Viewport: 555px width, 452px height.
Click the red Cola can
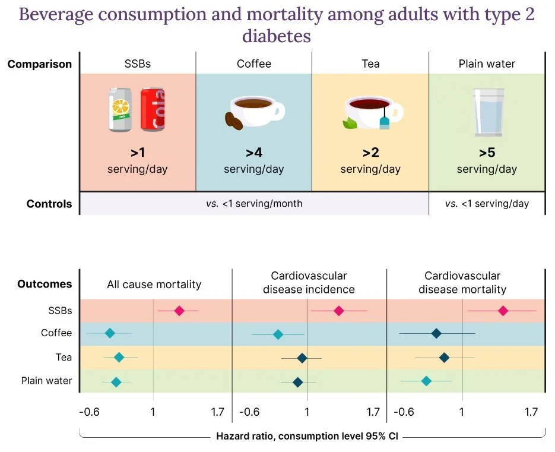(x=153, y=110)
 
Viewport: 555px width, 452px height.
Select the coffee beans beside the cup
(x=233, y=121)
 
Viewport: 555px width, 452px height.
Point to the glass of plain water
(x=488, y=112)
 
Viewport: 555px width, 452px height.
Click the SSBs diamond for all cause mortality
(x=179, y=311)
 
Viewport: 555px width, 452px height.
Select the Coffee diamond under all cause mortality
(x=109, y=333)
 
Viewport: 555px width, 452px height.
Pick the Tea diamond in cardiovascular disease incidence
(x=302, y=358)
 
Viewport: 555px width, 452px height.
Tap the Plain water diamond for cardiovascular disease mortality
(x=426, y=381)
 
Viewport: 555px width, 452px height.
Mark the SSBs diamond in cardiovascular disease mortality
(x=503, y=311)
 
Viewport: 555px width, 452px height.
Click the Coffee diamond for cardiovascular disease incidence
(x=278, y=334)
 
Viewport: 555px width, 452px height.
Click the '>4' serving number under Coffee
(x=253, y=153)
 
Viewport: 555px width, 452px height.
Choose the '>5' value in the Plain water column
(x=487, y=153)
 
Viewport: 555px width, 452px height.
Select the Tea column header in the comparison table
(x=370, y=64)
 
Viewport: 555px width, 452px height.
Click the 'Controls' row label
(x=49, y=204)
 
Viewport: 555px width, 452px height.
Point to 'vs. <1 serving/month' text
(x=254, y=204)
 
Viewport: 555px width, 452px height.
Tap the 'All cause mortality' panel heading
(x=154, y=285)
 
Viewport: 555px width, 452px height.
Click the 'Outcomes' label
(x=45, y=284)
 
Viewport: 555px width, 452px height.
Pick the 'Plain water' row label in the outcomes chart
(x=47, y=381)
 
